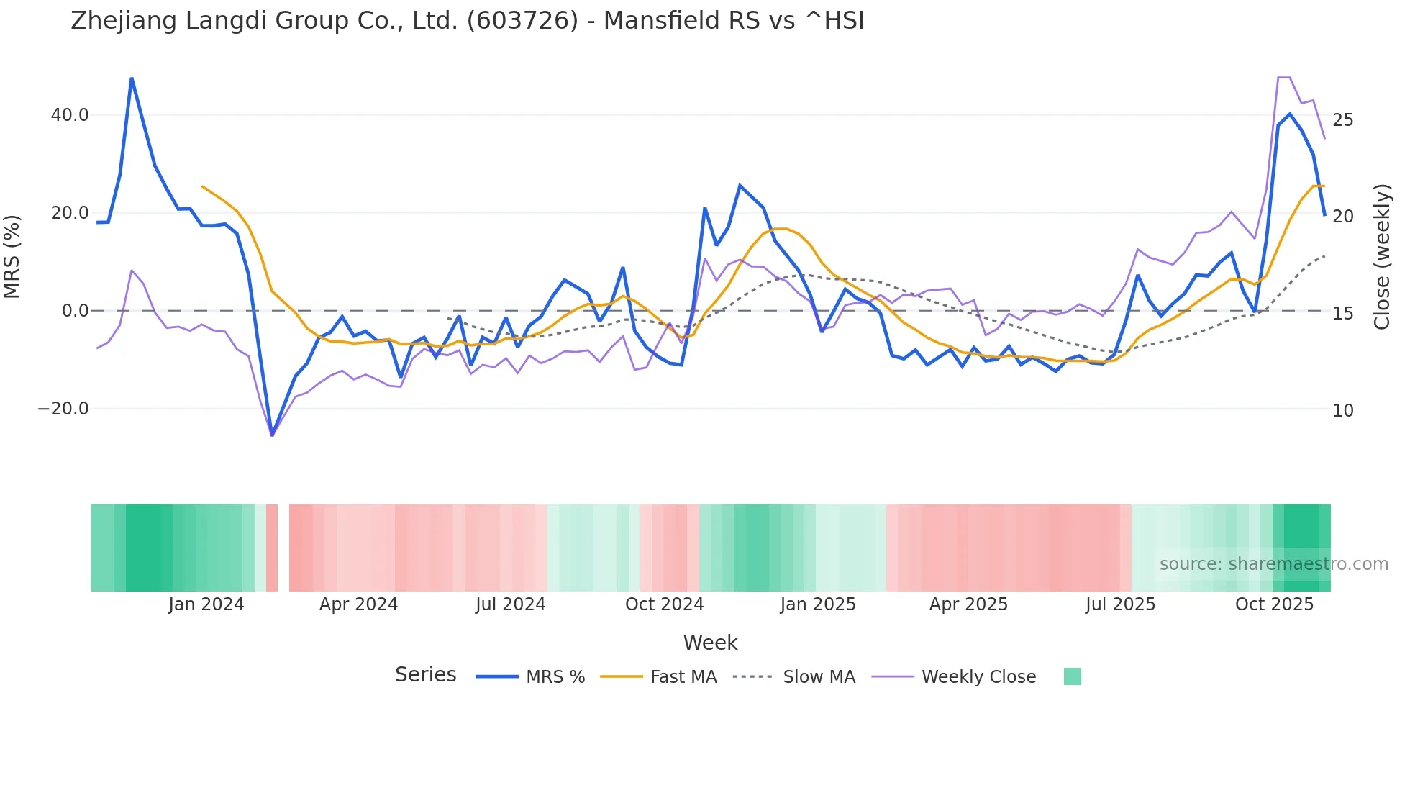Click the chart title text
(x=467, y=21)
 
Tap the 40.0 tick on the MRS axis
(x=70, y=115)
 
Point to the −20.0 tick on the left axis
(x=63, y=409)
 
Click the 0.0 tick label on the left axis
(x=75, y=311)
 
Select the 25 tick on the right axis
(x=1342, y=120)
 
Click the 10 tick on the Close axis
(x=1342, y=411)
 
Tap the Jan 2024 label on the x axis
(x=206, y=604)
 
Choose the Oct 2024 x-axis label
(x=664, y=604)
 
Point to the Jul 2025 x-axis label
(x=1120, y=604)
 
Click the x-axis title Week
(x=710, y=643)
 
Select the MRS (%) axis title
(x=12, y=256)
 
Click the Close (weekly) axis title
(x=1382, y=256)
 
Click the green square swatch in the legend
(x=1072, y=676)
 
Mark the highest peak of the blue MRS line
(x=132, y=78)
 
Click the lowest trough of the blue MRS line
(x=272, y=435)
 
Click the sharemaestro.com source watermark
(x=1273, y=564)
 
